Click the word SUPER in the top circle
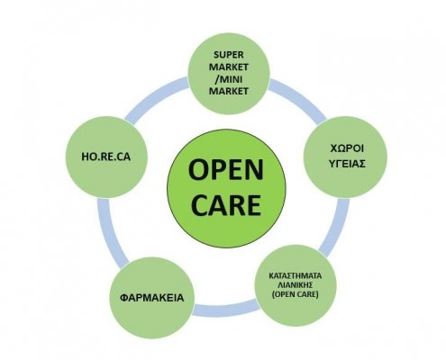(229, 55)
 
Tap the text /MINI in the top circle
(229, 79)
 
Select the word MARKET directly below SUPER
(229, 67)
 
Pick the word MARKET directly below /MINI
(229, 91)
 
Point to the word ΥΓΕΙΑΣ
(347, 164)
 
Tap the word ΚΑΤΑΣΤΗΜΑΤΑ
(295, 275)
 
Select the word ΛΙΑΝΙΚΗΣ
(295, 284)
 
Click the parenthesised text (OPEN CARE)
(295, 294)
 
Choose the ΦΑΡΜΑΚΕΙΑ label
(151, 298)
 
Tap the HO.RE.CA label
(106, 157)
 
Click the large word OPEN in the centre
(226, 169)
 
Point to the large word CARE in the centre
(226, 205)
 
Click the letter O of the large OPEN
(198, 169)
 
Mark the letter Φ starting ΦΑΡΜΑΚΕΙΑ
(124, 298)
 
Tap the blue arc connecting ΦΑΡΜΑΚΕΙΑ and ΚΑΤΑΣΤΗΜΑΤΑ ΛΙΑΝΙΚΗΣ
(226, 309)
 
